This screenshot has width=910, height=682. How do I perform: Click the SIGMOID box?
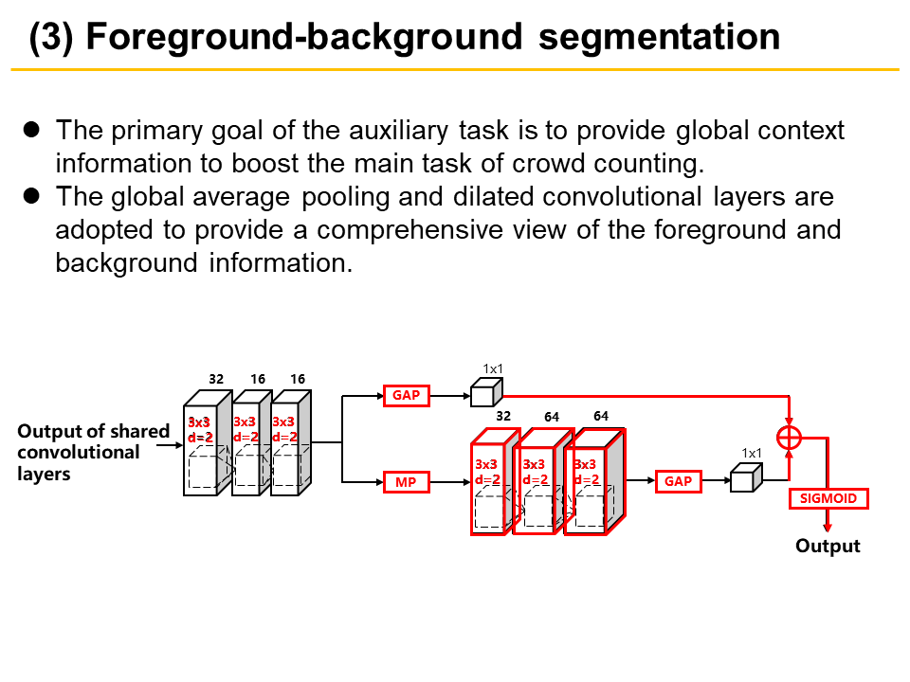click(828, 499)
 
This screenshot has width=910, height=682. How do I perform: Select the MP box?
click(405, 482)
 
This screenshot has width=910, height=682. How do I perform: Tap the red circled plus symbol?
click(789, 437)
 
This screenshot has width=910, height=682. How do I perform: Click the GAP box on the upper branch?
click(406, 395)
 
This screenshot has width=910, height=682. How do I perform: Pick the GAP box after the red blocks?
click(678, 481)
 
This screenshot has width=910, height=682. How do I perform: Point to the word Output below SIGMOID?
click(828, 546)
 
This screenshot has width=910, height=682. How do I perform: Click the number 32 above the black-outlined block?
click(216, 379)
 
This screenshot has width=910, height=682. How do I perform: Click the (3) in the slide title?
click(50, 37)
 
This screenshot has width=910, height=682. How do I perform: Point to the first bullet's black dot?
click(31, 130)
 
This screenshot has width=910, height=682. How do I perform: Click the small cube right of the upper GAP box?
click(483, 391)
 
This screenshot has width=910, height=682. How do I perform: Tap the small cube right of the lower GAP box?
click(744, 478)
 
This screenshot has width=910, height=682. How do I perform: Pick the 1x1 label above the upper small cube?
click(492, 368)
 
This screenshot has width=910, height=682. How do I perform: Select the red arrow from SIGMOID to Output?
click(828, 520)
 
